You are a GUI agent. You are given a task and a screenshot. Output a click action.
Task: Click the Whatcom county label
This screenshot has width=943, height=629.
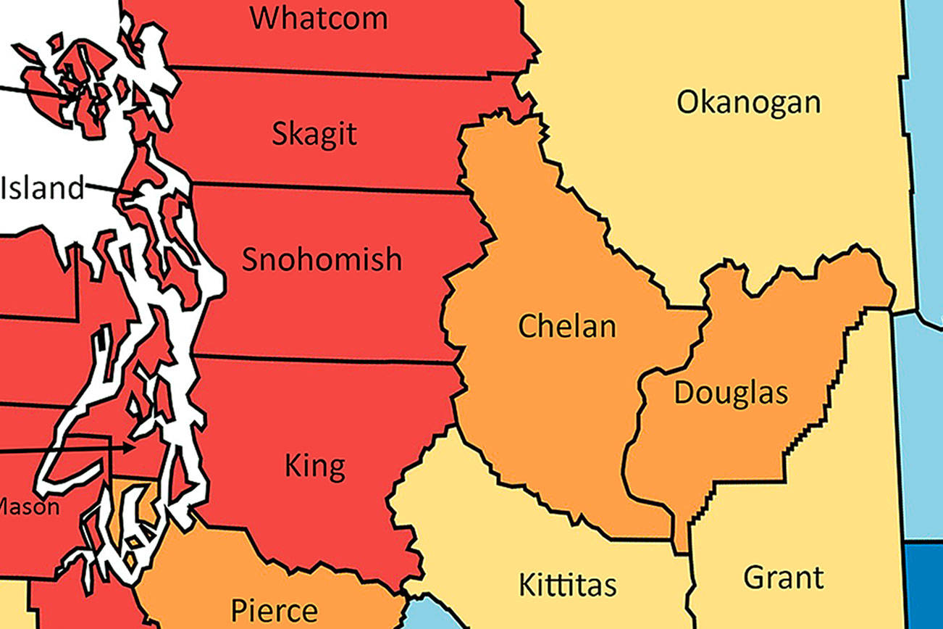pyautogui.click(x=319, y=17)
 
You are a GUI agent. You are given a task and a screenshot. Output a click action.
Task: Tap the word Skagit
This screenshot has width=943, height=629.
pyautogui.click(x=314, y=134)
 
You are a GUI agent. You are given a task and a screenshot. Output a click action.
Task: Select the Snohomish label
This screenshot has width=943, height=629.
pyautogui.click(x=322, y=259)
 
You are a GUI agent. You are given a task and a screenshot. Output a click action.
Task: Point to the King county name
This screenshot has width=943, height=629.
pyautogui.click(x=314, y=466)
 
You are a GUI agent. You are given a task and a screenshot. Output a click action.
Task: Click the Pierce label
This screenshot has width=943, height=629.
pyautogui.click(x=274, y=610)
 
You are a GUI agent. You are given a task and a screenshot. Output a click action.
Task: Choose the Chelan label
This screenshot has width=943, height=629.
pyautogui.click(x=567, y=326)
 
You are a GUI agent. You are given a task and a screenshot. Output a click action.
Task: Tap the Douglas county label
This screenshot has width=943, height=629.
pyautogui.click(x=731, y=393)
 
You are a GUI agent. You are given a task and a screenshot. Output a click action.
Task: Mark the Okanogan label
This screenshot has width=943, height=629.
pyautogui.click(x=748, y=102)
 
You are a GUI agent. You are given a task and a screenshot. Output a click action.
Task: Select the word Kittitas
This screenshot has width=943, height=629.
pyautogui.click(x=568, y=584)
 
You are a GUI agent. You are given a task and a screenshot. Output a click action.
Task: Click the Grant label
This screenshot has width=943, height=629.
pyautogui.click(x=784, y=578)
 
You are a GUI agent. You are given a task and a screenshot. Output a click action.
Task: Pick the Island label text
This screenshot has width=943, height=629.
pyautogui.click(x=42, y=188)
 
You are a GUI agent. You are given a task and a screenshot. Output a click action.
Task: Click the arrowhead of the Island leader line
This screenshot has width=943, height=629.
pyautogui.click(x=140, y=194)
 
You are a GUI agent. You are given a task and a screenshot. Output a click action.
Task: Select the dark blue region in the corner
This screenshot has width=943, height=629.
pyautogui.click(x=925, y=587)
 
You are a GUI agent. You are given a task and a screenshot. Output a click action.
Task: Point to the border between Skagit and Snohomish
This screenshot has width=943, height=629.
pyautogui.click(x=326, y=188)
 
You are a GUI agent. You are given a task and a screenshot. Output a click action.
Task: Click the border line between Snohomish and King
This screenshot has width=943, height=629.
pyautogui.click(x=326, y=358)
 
